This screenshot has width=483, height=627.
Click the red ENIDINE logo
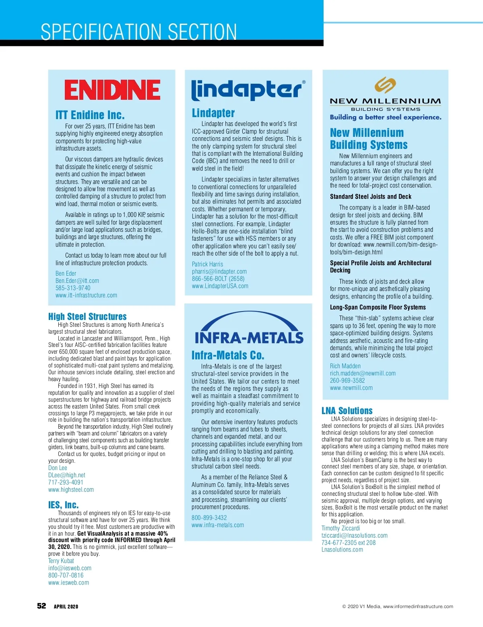click(112, 90)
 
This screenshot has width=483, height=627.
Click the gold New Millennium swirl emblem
click(385, 85)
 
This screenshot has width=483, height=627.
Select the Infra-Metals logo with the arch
click(248, 329)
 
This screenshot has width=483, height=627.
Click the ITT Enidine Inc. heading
click(90, 115)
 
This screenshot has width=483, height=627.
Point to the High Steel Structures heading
click(87, 316)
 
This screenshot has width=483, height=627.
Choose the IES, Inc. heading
click(64, 505)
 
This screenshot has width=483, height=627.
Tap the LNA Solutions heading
click(347, 410)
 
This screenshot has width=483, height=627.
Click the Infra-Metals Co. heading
click(228, 355)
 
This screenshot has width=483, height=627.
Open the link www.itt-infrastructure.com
click(86, 295)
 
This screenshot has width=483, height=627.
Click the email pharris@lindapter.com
click(219, 271)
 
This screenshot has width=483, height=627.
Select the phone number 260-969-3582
click(347, 380)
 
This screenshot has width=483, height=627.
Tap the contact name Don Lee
click(58, 468)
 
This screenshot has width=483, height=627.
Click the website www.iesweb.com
click(68, 582)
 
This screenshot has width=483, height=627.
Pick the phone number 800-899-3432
click(209, 518)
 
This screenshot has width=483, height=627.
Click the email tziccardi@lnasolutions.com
click(354, 535)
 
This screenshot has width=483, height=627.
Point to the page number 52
click(41, 606)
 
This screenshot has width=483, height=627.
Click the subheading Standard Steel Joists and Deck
click(371, 196)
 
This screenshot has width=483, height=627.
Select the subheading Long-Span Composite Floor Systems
click(378, 307)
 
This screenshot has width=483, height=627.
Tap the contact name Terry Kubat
click(61, 561)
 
